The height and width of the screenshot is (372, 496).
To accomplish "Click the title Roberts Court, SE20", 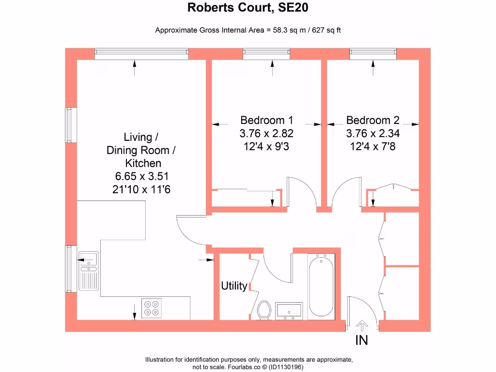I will click(x=248, y=8).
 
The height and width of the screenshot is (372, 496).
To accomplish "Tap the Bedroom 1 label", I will click(x=266, y=120).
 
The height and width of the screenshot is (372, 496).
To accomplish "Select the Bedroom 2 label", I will click(x=372, y=120).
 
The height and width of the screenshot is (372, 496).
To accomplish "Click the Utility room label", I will click(x=234, y=286).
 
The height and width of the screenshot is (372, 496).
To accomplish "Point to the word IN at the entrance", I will click(x=362, y=341).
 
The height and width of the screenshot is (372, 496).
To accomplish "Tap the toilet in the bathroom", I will click(x=264, y=310).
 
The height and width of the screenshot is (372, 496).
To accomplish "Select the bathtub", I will click(x=321, y=286).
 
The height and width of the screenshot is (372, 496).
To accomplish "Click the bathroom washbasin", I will click(x=289, y=310).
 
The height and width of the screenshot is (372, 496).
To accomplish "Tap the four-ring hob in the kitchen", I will click(x=152, y=309).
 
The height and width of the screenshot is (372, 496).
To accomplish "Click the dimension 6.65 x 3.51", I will click(x=140, y=176).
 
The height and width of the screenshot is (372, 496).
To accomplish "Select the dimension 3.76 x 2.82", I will click(x=266, y=133).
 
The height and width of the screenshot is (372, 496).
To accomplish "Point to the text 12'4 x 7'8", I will click(x=372, y=146).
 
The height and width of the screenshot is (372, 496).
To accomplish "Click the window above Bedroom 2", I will click(x=372, y=54).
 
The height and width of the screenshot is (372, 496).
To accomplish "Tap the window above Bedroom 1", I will click(x=266, y=54).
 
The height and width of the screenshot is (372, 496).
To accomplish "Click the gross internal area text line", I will click(x=248, y=31).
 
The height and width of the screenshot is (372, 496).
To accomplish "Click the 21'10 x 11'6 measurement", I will click(x=140, y=189).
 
